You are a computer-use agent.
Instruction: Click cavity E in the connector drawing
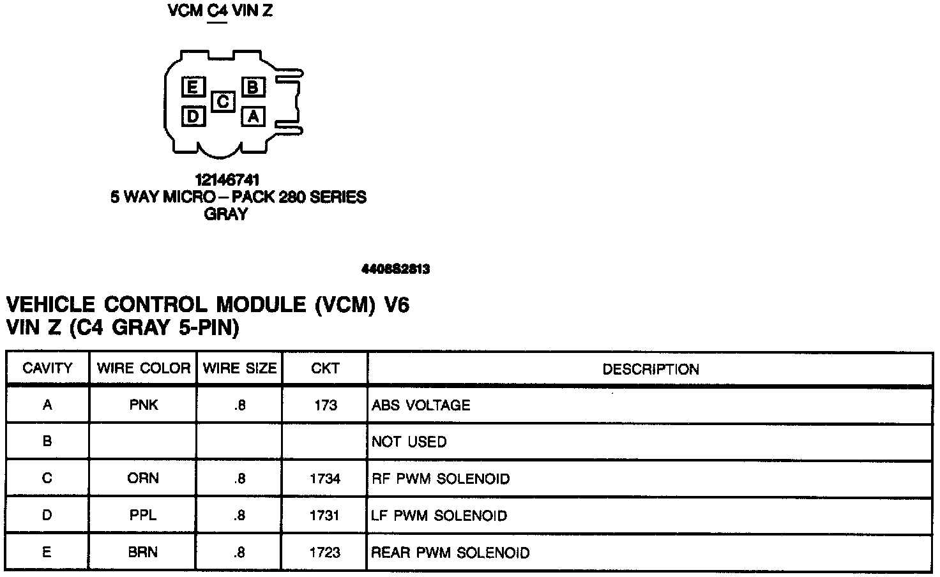pos(192,86)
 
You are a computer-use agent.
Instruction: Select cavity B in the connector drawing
pos(253,86)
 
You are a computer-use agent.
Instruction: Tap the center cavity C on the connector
pos(223,101)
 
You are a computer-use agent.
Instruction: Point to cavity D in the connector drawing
pos(192,116)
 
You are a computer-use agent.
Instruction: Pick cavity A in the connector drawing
pos(253,116)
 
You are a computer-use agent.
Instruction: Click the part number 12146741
pos(227,180)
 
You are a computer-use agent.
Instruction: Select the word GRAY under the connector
pos(225,214)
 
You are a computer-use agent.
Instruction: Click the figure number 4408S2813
pos(395,269)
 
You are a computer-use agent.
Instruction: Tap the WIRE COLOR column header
pos(143,368)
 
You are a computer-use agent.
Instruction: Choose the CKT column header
pos(325,368)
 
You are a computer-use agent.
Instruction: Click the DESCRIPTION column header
pos(650,370)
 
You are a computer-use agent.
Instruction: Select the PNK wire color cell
pos(143,405)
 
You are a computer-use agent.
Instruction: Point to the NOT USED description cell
pos(409,442)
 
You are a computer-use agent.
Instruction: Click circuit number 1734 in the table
pos(325,479)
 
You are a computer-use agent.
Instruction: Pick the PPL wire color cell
pos(143,515)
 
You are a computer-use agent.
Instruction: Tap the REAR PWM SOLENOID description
pos(450,552)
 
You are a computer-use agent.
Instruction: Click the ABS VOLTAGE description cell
pos(421,405)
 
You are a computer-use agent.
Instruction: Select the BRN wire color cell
pos(143,552)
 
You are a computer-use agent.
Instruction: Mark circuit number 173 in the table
pos(326,405)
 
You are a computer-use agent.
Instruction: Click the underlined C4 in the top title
pos(218,11)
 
